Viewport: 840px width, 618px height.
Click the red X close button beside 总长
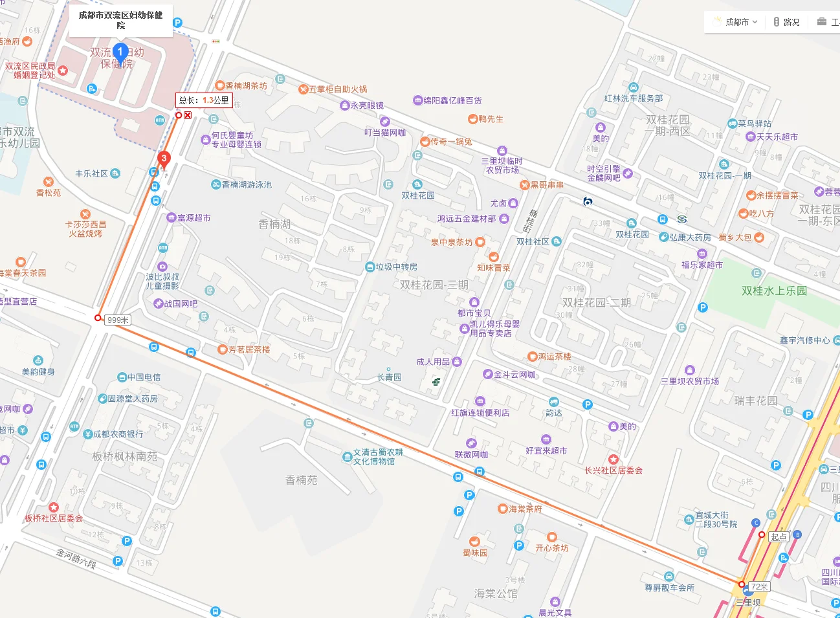point(188,115)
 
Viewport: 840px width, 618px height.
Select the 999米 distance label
point(118,320)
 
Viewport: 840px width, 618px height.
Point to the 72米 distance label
point(759,586)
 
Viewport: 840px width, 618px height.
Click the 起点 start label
point(779,536)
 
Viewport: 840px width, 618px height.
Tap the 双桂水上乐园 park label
point(774,291)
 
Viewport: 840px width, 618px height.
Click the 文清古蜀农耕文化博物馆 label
point(377,457)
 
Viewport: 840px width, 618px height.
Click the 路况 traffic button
point(787,22)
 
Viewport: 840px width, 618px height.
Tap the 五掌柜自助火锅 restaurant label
point(337,89)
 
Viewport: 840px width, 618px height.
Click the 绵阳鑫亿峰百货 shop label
point(452,100)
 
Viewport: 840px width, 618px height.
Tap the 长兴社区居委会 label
point(613,470)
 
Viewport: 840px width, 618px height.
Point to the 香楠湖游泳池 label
point(246,184)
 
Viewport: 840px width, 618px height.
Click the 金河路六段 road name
point(76,558)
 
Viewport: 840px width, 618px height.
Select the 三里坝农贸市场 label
point(689,381)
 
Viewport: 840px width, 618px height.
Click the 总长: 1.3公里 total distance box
point(203,100)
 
